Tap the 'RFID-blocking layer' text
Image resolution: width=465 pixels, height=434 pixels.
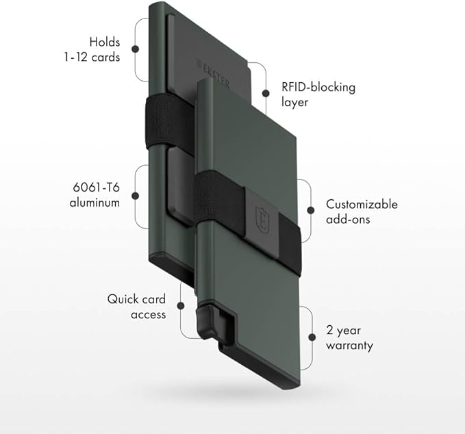[318, 94]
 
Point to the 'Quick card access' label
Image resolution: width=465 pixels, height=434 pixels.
[136, 307]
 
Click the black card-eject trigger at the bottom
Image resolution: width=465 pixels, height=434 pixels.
[206, 320]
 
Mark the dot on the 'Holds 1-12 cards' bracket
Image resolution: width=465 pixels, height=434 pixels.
[136, 49]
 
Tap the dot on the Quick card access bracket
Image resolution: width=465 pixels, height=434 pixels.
[181, 307]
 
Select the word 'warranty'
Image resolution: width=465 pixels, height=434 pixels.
[350, 346]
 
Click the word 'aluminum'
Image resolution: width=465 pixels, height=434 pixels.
[95, 203]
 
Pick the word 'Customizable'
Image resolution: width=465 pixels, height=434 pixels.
[362, 204]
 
